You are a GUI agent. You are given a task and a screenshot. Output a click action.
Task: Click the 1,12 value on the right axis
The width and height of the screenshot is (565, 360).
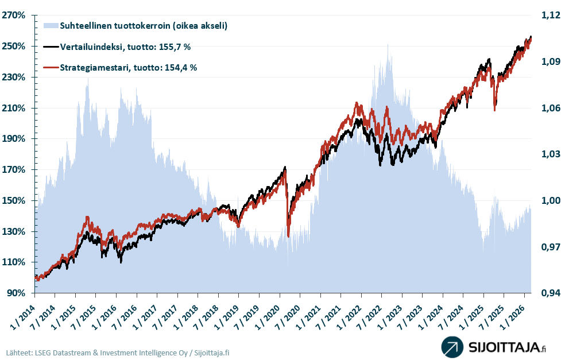[548, 16]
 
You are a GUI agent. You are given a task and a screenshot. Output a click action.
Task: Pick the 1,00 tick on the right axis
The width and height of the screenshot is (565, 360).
[548, 201]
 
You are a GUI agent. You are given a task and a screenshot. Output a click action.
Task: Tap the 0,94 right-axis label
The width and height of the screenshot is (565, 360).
[548, 293]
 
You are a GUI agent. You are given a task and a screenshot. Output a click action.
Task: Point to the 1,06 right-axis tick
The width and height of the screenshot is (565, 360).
[548, 108]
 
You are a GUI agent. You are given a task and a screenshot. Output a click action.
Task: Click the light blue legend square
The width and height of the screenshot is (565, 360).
[51, 25]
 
